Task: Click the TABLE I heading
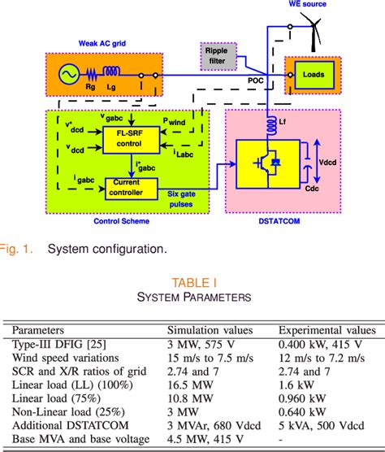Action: coord(192,283)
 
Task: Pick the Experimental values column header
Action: coord(327,330)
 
